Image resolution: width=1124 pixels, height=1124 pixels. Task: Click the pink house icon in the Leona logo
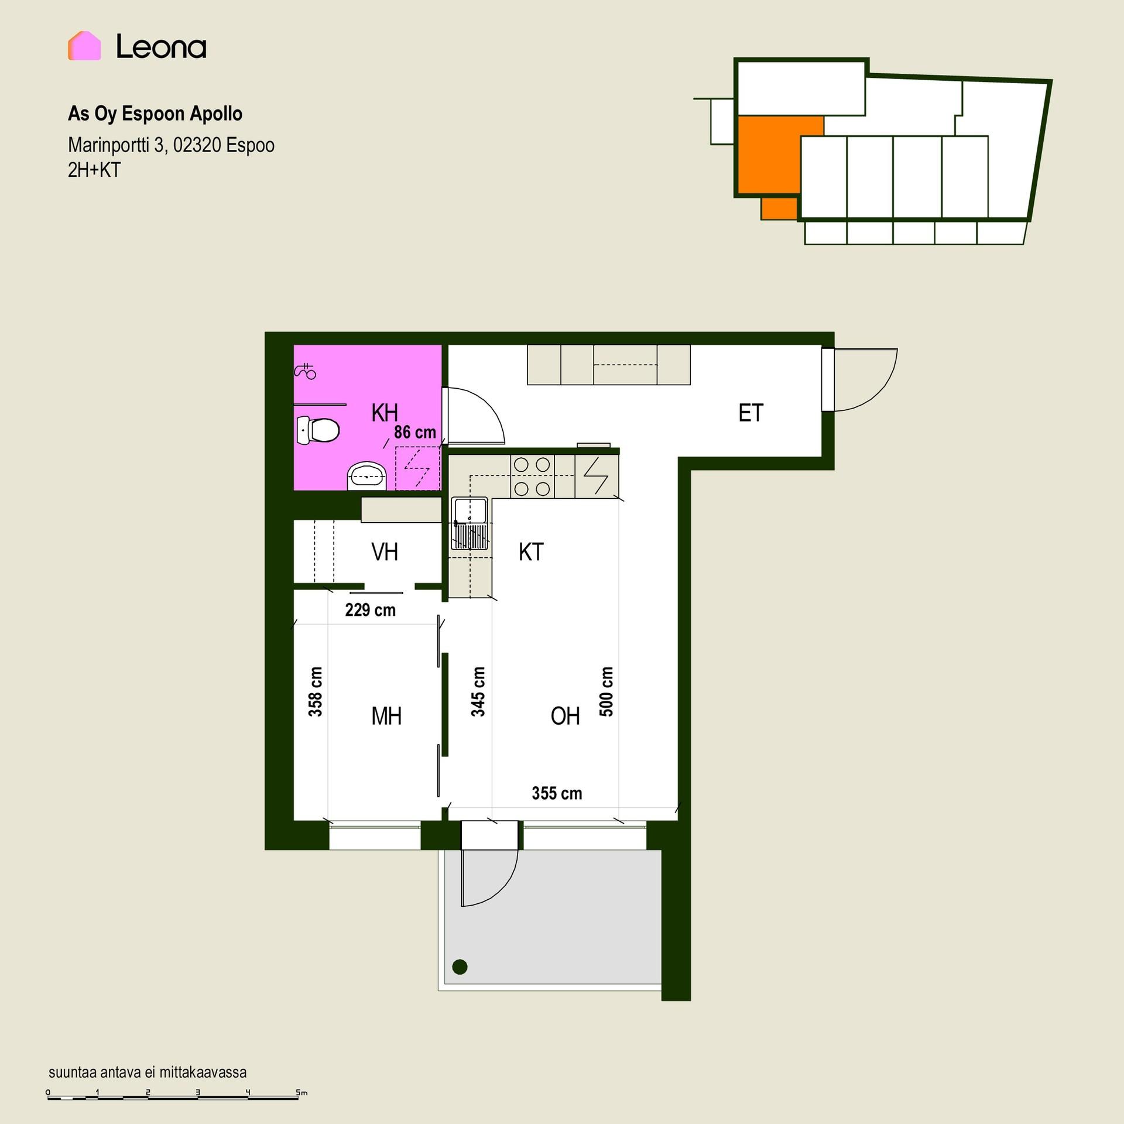click(x=84, y=46)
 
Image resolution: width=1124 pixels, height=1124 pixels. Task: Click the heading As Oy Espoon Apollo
click(x=155, y=114)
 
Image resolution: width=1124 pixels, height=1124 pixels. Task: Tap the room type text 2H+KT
click(x=94, y=170)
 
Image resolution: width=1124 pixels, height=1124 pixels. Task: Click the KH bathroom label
click(x=385, y=413)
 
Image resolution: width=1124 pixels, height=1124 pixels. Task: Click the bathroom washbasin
click(x=367, y=476)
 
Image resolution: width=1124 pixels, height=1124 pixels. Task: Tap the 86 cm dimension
click(x=415, y=432)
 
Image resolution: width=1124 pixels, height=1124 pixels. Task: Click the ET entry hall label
click(x=751, y=413)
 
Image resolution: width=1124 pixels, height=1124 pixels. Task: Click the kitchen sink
click(x=469, y=523)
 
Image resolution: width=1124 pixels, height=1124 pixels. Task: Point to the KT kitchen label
click(x=531, y=552)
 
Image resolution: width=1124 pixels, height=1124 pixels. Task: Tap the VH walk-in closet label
click(x=385, y=552)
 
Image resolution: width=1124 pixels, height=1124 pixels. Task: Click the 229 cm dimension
click(x=371, y=610)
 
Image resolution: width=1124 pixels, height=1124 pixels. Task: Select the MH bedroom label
click(x=386, y=716)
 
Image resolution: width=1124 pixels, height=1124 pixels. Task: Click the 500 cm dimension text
click(x=606, y=691)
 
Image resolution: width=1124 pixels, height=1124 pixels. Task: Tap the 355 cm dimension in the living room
click(x=557, y=793)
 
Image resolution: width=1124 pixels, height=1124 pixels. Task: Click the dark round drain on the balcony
click(x=460, y=967)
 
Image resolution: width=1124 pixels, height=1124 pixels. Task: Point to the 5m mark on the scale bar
click(x=301, y=1092)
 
